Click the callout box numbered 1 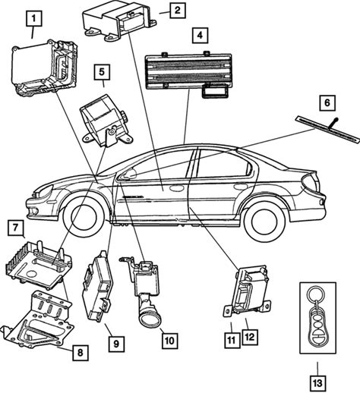[33, 18]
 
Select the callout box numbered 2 [178, 11]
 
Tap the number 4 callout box [200, 35]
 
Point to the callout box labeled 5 [102, 72]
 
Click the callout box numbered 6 [327, 103]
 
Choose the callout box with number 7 [15, 228]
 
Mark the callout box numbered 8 [81, 353]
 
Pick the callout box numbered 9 [116, 344]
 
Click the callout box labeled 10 [169, 341]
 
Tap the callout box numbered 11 [232, 340]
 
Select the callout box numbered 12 [250, 337]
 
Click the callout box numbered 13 [317, 383]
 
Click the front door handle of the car [176, 188]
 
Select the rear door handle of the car [241, 187]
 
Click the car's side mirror [131, 174]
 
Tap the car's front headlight [45, 191]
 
